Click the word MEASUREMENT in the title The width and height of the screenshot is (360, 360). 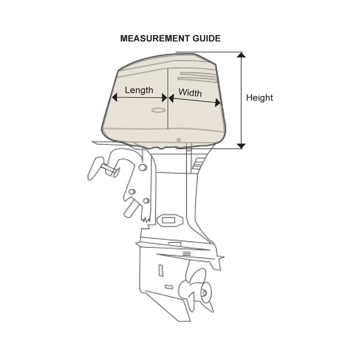[x=155, y=38]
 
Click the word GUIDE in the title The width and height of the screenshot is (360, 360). [x=206, y=38]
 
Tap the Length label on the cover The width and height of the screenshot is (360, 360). [x=139, y=90]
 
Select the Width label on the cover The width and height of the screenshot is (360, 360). [x=190, y=92]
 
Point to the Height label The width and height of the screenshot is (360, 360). [x=259, y=98]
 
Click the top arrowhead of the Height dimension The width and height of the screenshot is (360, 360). [x=241, y=55]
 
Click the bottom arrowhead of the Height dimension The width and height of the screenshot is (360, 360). [x=241, y=146]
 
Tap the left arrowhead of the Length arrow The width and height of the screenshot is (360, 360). [x=114, y=97]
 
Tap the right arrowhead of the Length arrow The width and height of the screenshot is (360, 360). [x=165, y=98]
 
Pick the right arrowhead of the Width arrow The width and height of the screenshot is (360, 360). [x=218, y=102]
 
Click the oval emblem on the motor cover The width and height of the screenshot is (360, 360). [x=159, y=110]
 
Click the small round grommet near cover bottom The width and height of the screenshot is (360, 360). [x=179, y=140]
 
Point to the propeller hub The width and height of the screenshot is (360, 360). [x=204, y=292]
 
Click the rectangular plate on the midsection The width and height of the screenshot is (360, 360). [x=170, y=220]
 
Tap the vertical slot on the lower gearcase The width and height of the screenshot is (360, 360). [x=161, y=270]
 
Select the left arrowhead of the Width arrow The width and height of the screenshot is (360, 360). [x=171, y=98]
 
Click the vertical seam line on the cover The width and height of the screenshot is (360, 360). [x=168, y=99]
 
